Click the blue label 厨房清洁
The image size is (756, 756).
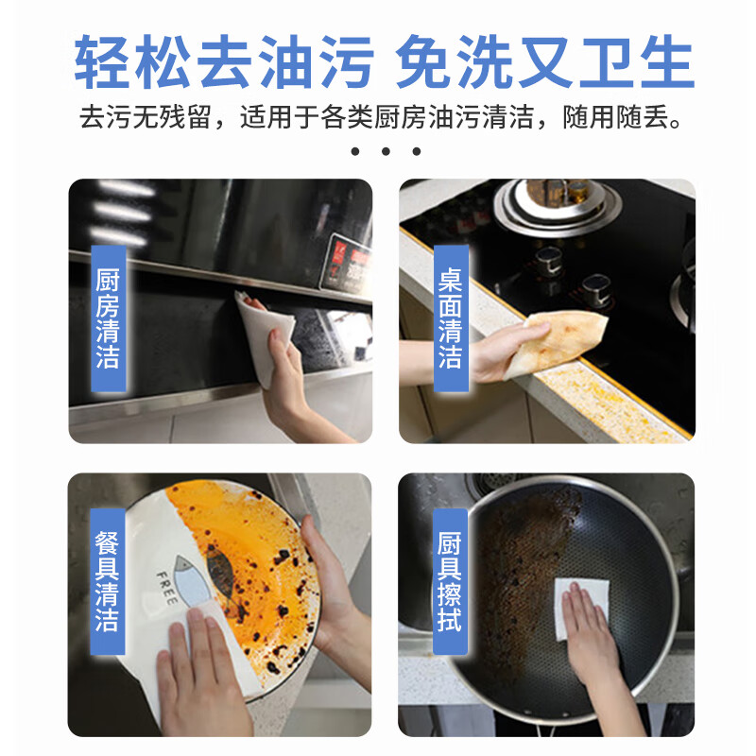pos(108,317)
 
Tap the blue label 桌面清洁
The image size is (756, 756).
pos(451,317)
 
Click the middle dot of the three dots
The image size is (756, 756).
pos(386,151)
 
